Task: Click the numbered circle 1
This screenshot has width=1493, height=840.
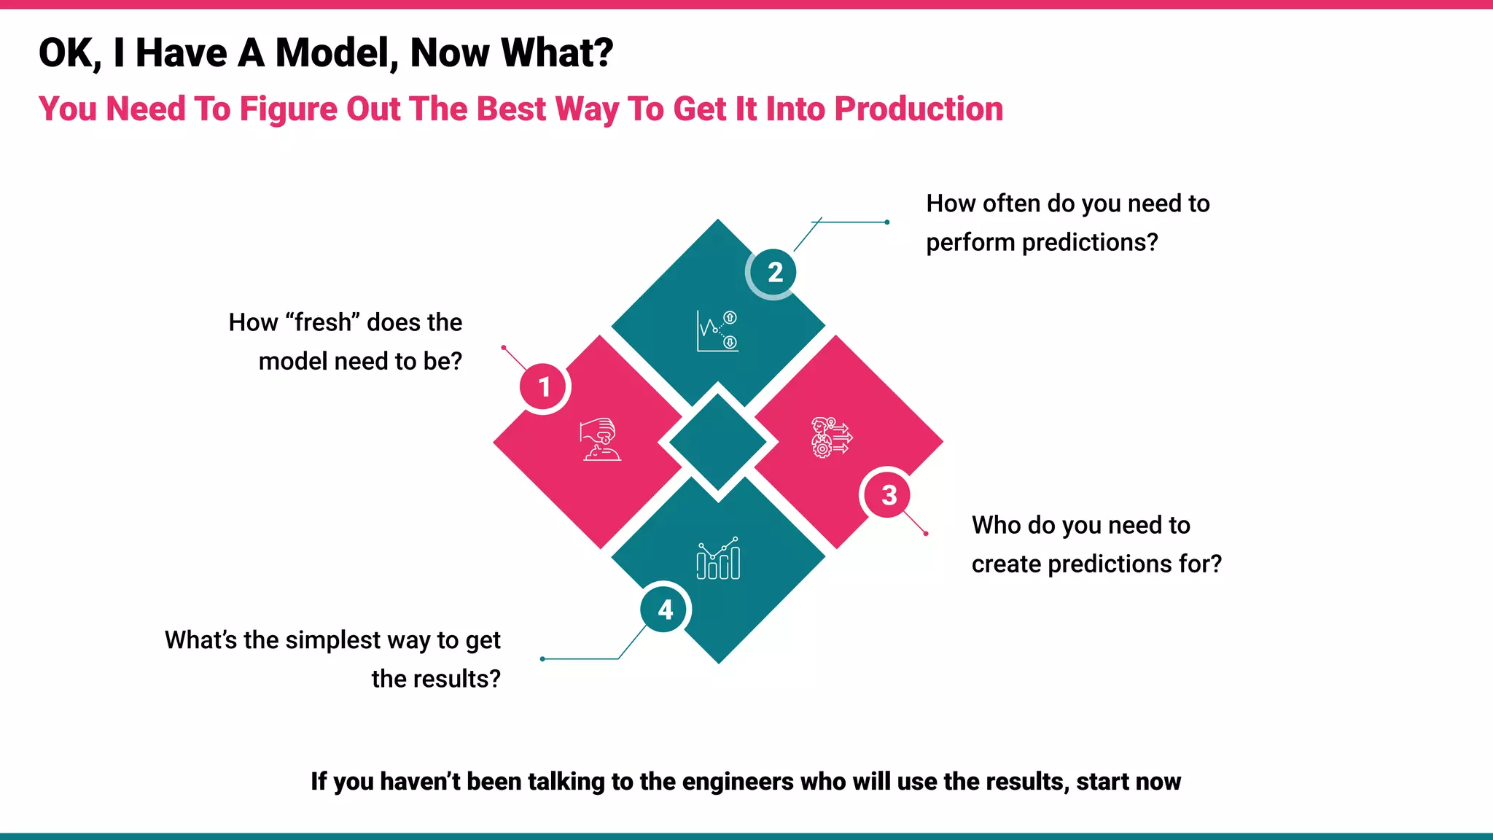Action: (x=544, y=387)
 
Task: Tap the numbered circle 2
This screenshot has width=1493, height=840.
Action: (x=774, y=273)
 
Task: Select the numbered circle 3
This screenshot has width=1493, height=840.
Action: (x=889, y=496)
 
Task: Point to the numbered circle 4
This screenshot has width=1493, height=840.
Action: (x=665, y=610)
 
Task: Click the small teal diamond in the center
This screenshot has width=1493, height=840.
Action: (x=718, y=442)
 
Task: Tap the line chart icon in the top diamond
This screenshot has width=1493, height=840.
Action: (x=717, y=331)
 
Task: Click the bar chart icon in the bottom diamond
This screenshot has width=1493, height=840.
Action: (x=718, y=559)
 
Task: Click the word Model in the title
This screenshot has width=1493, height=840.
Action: (x=336, y=53)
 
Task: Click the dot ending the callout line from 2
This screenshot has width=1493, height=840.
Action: (x=886, y=222)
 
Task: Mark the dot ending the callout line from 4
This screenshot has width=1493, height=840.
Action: (x=542, y=659)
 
